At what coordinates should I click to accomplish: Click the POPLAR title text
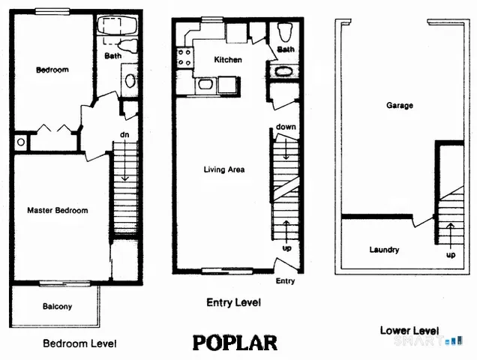point(235,343)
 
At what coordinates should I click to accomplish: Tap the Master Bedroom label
point(57,211)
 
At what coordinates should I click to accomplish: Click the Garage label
point(400,106)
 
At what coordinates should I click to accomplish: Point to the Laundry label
point(384,250)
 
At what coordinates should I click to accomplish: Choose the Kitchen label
point(228,59)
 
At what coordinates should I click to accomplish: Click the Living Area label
point(224,169)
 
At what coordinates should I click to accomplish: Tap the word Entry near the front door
point(286,281)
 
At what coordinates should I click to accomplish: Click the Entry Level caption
point(233,303)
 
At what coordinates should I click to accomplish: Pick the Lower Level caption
point(409,330)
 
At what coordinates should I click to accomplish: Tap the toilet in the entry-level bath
point(284,33)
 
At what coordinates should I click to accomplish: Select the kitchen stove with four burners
point(183,58)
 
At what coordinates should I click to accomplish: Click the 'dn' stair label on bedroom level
point(124,135)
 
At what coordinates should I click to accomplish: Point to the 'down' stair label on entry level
point(286,127)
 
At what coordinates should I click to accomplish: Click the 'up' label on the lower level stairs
point(451,254)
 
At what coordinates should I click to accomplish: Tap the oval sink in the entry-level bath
point(285,73)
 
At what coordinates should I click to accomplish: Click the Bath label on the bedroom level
point(112,55)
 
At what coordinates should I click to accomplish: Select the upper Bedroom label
point(52,70)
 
